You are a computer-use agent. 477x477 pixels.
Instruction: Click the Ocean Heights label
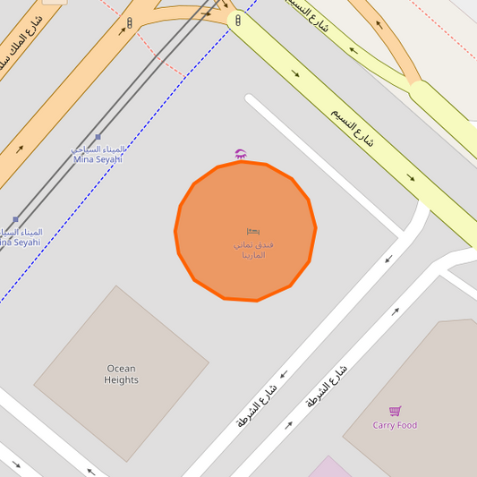121,374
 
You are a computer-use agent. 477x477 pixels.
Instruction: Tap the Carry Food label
395,425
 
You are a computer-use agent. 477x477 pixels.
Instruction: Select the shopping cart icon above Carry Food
395,411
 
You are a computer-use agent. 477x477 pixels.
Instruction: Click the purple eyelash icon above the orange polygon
240,154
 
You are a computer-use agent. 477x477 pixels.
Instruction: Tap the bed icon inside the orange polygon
253,232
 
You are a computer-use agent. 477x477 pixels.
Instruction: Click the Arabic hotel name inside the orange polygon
253,249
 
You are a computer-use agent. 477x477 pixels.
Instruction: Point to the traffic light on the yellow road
238,20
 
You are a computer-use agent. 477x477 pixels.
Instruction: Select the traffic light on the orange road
129,22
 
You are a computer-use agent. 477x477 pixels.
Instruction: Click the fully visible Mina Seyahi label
98,154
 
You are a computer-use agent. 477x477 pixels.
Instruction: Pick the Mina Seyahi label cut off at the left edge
20,237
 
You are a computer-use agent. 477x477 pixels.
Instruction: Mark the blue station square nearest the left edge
15,219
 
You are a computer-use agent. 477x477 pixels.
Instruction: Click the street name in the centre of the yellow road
352,128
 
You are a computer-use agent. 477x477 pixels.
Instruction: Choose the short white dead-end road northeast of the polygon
322,170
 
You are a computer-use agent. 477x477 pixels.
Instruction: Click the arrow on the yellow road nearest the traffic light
295,73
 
